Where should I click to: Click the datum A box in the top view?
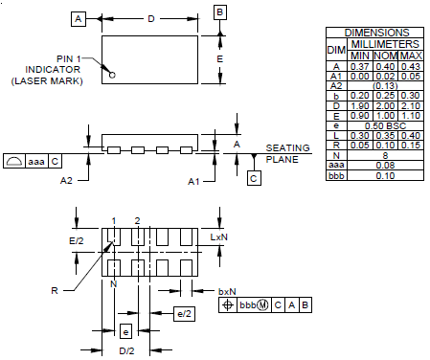[x=79, y=19]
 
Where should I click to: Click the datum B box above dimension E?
[x=220, y=12]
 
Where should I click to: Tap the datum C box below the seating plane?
[x=254, y=178]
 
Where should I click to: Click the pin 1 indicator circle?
[x=112, y=75]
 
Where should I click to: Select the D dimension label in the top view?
[x=151, y=19]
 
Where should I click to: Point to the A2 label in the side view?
[x=66, y=181]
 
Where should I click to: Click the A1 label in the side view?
[x=193, y=182]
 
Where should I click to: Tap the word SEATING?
[x=287, y=148]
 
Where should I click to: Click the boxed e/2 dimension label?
[x=184, y=314]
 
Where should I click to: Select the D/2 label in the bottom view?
[x=126, y=351]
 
